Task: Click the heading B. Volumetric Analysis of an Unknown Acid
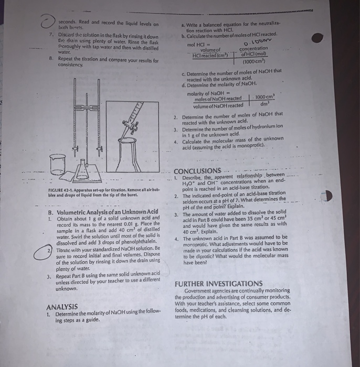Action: [102, 212]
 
